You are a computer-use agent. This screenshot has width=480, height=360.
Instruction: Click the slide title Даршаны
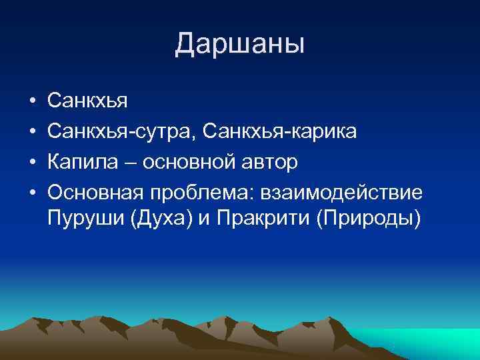[240, 44]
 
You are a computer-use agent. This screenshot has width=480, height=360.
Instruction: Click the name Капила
[79, 162]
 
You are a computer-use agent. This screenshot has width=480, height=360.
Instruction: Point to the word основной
[179, 162]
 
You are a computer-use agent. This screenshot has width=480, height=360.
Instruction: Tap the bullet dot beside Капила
[31, 163]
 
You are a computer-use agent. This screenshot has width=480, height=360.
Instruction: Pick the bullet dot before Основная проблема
[31, 193]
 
